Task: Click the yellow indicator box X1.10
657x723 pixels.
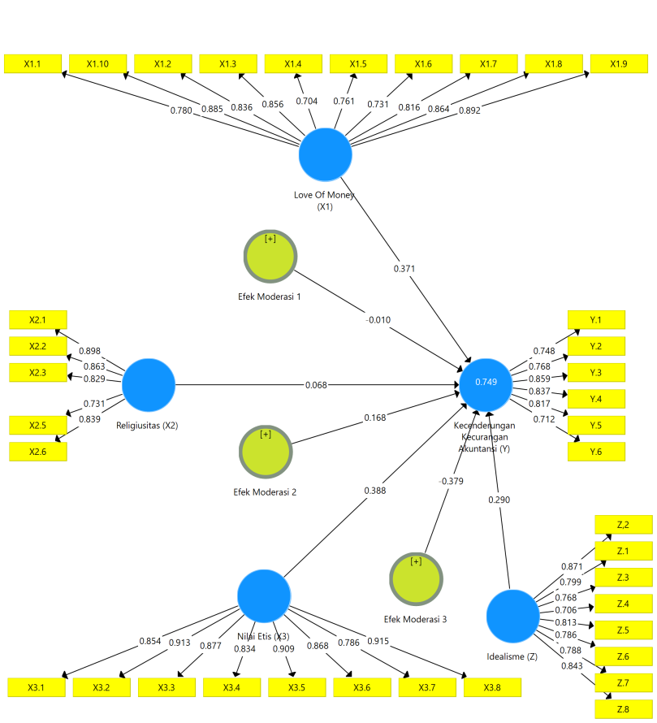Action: tap(97, 63)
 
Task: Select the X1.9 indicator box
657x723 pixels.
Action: tap(619, 63)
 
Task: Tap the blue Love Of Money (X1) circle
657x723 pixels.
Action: tap(326, 154)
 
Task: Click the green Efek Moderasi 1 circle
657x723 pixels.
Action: tap(270, 257)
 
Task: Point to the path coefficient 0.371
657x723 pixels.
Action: tap(404, 268)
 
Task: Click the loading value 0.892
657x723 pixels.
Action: tap(469, 110)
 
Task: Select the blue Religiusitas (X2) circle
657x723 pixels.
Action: tap(149, 384)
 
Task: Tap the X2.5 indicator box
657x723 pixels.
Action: tap(38, 425)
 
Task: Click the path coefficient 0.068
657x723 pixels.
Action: tap(316, 384)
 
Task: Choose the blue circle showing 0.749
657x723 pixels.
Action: tap(486, 384)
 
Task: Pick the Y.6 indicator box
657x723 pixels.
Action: tap(596, 452)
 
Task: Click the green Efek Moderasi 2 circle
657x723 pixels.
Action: tap(266, 452)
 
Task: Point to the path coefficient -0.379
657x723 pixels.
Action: tap(451, 481)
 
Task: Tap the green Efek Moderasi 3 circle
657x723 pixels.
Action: tap(417, 579)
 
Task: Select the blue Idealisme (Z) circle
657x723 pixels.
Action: tap(512, 616)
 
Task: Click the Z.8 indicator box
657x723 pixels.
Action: tap(624, 709)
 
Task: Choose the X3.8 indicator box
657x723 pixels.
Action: tap(492, 687)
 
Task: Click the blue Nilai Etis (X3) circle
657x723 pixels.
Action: tap(264, 595)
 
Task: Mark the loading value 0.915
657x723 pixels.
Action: tap(378, 641)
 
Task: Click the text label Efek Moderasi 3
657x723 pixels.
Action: tap(416, 619)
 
